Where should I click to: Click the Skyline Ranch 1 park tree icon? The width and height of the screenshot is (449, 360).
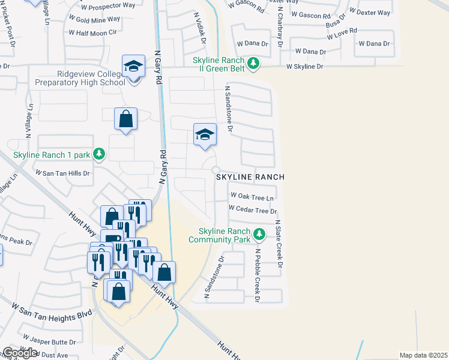pyautogui.click(x=99, y=155)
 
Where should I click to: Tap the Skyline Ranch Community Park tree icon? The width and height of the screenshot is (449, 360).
pyautogui.click(x=259, y=233)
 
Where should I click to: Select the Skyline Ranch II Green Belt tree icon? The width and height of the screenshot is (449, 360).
pyautogui.click(x=253, y=63)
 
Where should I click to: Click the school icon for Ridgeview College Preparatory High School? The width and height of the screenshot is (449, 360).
pyautogui.click(x=133, y=67)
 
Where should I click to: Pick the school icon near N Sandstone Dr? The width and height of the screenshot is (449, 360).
pyautogui.click(x=205, y=136)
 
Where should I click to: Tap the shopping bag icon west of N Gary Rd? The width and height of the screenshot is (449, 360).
pyautogui.click(x=126, y=119)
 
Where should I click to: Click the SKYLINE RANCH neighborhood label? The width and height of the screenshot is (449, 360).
pyautogui.click(x=250, y=178)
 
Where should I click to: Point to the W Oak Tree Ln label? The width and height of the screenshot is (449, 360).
pyautogui.click(x=252, y=197)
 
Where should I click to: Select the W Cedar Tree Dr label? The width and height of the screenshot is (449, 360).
pyautogui.click(x=253, y=211)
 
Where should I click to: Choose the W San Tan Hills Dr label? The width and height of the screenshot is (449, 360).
pyautogui.click(x=62, y=173)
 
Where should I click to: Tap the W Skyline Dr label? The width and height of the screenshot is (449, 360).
pyautogui.click(x=305, y=67)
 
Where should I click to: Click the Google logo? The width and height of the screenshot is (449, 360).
pyautogui.click(x=20, y=353)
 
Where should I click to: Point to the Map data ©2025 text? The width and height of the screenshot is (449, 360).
pyautogui.click(x=423, y=355)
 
